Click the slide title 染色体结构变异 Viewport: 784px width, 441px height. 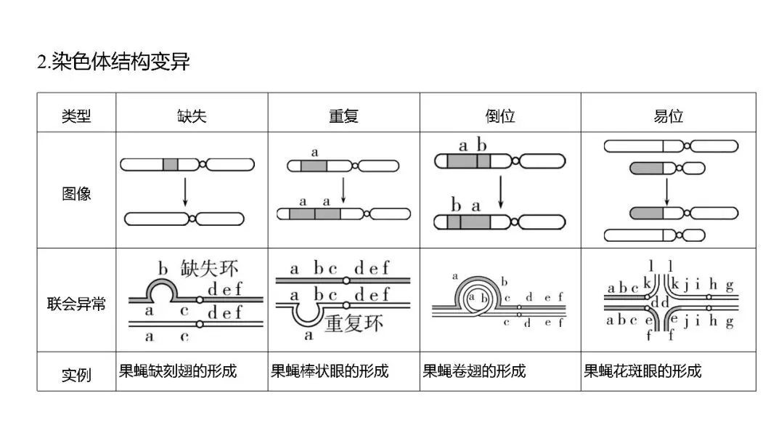point(113,62)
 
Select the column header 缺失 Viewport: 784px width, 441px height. point(192,116)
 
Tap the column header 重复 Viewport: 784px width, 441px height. point(343,116)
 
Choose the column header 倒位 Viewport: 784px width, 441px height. point(499,116)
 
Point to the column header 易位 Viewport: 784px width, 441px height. point(668,116)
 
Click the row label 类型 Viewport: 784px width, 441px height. point(76,116)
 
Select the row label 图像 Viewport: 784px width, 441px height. point(76,194)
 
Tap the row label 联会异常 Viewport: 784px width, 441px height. point(76,303)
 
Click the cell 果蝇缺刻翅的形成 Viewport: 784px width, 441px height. point(178,371)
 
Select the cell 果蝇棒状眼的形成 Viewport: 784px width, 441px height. point(330,371)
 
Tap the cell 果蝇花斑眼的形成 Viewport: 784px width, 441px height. point(643,371)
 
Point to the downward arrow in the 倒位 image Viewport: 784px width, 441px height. point(500,190)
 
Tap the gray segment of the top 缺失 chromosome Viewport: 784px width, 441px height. point(170,164)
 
